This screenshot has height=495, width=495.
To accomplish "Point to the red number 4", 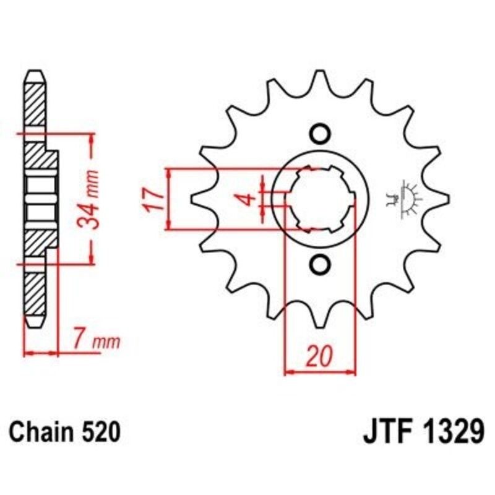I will click(246, 199).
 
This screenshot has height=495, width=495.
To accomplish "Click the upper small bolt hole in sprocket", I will click(320, 134).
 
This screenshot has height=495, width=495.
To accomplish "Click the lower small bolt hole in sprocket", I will click(320, 264).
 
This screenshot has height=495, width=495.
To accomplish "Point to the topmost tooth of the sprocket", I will click(320, 77).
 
